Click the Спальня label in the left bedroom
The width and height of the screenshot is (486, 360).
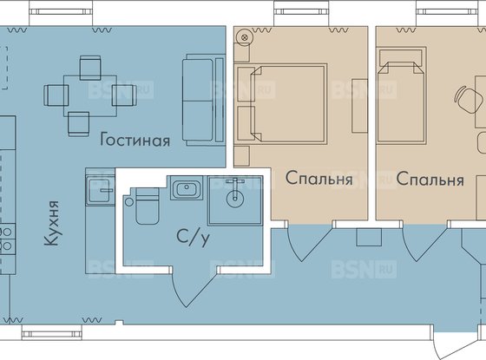pos(319,180)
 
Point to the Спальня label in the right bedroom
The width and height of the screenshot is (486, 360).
pos(430,180)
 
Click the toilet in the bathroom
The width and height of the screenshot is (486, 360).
pos(144,208)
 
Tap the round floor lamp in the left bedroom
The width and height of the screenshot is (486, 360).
pos(245,37)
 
